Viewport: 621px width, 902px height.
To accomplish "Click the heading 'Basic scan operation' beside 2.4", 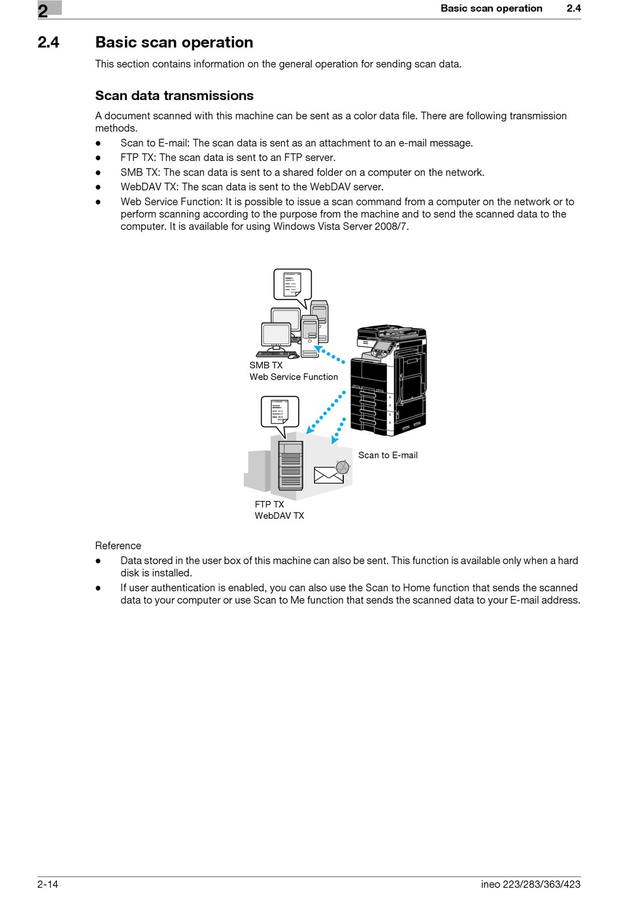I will pos(174,43).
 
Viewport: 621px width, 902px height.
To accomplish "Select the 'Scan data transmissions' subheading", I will pos(174,95).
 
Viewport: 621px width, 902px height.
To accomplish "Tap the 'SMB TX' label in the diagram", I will pos(266,366).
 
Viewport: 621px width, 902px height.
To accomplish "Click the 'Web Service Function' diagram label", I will pos(294,377).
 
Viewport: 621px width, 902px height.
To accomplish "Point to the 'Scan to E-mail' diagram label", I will pos(388,455).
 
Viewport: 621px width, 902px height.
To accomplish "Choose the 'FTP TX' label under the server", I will pos(269,504).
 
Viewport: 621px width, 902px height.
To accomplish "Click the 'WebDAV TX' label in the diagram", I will pos(279,516).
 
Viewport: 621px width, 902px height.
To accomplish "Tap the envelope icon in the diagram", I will pos(328,475).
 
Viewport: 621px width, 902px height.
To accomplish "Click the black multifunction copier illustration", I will pos(388,379).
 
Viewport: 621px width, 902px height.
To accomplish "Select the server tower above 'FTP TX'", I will pos(291,466).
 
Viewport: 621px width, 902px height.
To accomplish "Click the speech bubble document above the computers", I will pos(292,285).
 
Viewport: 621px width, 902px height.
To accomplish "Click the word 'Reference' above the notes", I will pos(118,546).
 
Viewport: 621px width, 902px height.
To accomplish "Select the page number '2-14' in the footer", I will pos(48,884).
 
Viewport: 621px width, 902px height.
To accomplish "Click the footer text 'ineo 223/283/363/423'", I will pos(530,884).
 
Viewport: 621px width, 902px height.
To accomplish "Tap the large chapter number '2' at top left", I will pos(43,10).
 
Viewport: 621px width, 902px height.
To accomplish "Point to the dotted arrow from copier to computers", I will pos(329,355).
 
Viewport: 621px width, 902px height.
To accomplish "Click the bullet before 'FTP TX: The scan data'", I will pos(99,158).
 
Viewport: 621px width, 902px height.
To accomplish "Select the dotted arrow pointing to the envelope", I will pos(339,431).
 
